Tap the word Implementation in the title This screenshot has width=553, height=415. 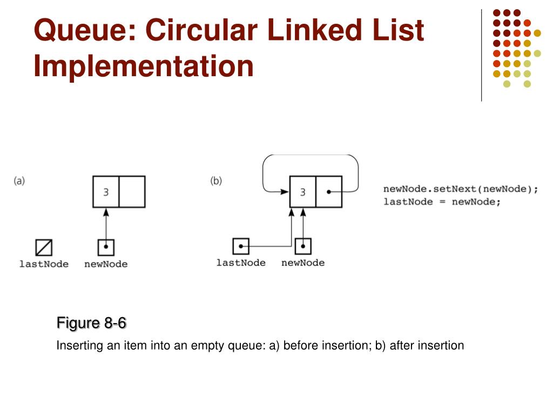(x=144, y=66)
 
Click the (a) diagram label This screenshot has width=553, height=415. (x=19, y=181)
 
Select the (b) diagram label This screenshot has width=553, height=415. (x=216, y=181)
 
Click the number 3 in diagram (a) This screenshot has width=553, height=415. (x=106, y=192)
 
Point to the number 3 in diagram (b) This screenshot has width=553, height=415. (x=302, y=192)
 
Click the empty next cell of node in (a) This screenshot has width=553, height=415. (x=132, y=192)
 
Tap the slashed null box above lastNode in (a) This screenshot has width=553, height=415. (x=44, y=247)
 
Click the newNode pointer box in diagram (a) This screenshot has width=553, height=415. (x=106, y=247)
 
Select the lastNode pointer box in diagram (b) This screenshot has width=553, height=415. (x=241, y=246)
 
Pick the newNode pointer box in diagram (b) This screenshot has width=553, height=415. (x=303, y=246)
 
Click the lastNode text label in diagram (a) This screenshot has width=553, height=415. (x=44, y=264)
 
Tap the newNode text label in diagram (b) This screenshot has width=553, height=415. (x=303, y=263)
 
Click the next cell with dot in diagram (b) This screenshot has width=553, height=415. (x=328, y=192)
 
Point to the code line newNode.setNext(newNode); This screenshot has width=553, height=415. (x=461, y=189)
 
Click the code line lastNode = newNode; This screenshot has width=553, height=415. (x=442, y=202)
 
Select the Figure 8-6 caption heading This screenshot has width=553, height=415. (x=91, y=324)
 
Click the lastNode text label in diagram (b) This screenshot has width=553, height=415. (x=241, y=263)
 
